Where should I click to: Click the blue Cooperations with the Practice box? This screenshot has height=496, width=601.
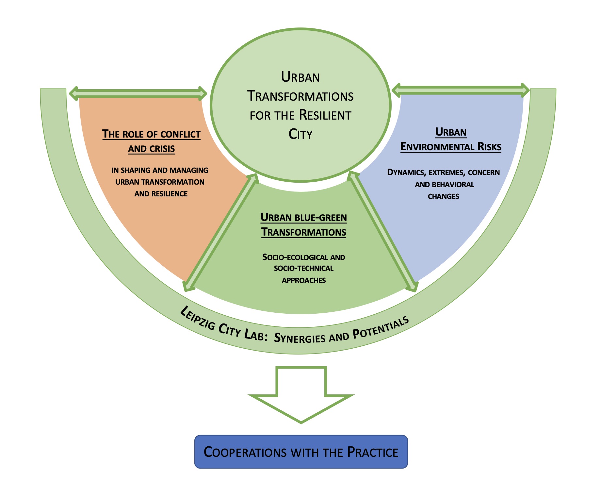point(301,452)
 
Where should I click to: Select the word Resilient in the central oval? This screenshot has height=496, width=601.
point(325,115)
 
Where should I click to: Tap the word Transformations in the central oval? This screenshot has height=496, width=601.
point(300,96)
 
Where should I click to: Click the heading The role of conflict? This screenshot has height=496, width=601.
point(151,134)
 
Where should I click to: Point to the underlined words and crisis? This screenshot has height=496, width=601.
point(151,149)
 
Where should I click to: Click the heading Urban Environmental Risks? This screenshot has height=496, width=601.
point(451,140)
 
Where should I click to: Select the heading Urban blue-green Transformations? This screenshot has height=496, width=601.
point(303,225)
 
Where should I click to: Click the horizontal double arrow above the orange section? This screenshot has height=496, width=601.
point(138,93)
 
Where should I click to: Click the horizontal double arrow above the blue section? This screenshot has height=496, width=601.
point(461,90)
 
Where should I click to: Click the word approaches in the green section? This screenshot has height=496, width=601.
point(304,280)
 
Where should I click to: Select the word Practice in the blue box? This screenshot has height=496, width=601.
point(373,452)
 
